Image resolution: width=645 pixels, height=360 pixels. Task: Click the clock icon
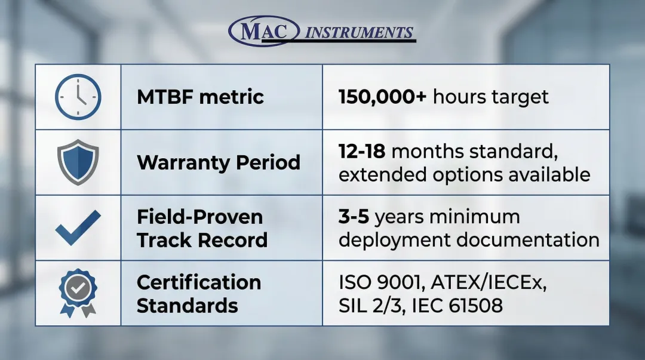tap(78, 97)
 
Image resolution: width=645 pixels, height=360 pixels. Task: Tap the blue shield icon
tap(78, 162)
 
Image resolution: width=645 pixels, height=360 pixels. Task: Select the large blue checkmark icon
tap(78, 227)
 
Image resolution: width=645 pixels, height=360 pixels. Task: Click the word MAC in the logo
tap(264, 31)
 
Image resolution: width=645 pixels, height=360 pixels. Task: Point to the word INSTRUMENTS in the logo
tap(359, 32)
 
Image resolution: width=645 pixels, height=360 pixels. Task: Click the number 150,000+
tap(383, 97)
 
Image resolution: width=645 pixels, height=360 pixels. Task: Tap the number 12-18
tap(362, 152)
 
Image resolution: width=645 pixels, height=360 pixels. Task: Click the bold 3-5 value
tap(354, 217)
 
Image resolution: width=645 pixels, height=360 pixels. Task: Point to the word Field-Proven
tap(199, 217)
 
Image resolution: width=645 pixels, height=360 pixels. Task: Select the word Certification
tap(199, 282)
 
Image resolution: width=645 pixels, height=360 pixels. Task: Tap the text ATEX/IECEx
tap(489, 282)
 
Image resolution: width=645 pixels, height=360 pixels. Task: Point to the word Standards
tap(187, 306)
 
